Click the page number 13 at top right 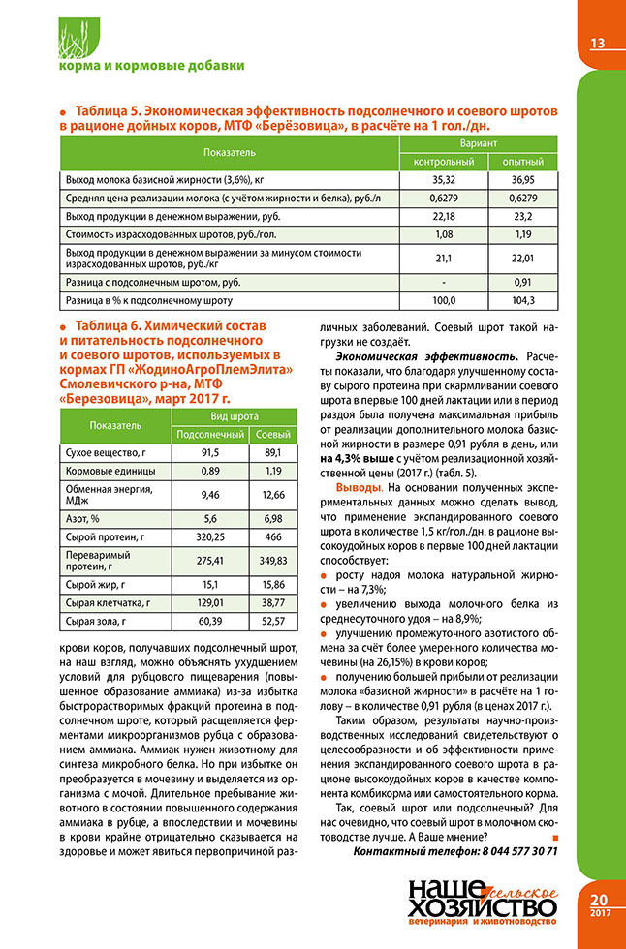[597, 43]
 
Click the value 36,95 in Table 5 [523, 180]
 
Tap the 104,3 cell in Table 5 [523, 301]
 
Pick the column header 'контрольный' [443, 161]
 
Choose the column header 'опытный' [523, 161]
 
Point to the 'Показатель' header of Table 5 [230, 152]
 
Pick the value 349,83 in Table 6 [272, 560]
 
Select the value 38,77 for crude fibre [272, 603]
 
